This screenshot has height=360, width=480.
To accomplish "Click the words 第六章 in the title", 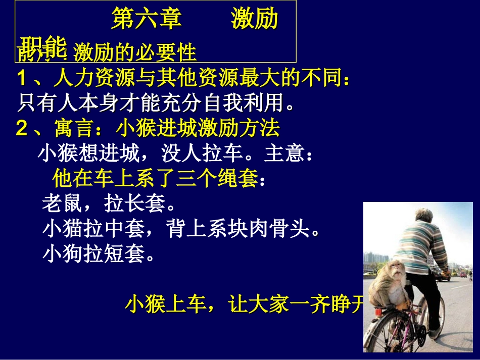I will pos(147,20).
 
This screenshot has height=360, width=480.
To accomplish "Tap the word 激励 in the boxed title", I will pos(255,20).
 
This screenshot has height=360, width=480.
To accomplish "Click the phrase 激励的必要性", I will pos(134,53).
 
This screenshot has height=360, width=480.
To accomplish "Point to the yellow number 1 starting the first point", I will pos(22,79).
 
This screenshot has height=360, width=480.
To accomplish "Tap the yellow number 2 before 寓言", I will pos(22,129).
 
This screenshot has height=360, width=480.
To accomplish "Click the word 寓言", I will pos(74,129).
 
